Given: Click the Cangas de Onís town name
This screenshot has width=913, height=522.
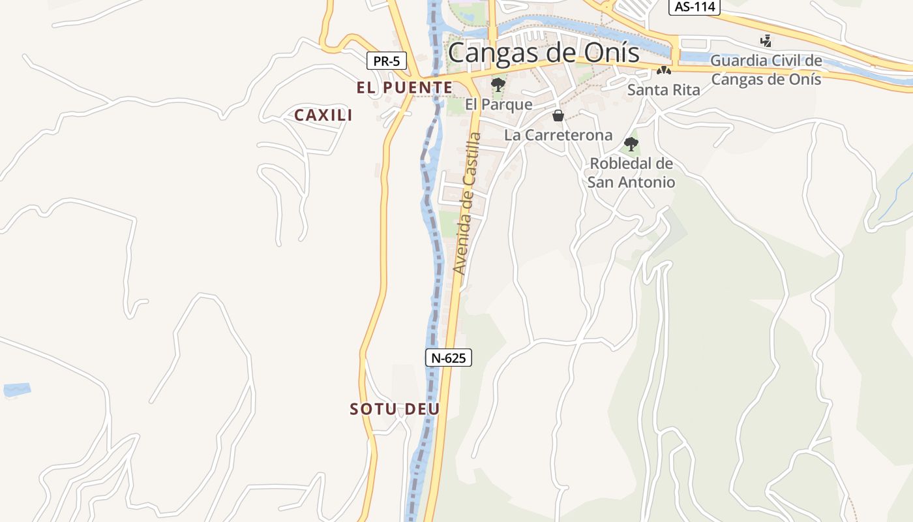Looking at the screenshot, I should point(544,52).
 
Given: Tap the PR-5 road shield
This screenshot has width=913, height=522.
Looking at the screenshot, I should point(386,61).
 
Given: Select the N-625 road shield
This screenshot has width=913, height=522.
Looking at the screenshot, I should point(449,358).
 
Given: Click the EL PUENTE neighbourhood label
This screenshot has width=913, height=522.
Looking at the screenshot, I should point(404,87).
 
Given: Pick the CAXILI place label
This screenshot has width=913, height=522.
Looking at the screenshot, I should point(323,115).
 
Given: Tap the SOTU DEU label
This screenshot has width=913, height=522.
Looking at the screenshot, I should point(395,409).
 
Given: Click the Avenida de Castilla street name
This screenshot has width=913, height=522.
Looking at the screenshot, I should point(468,204).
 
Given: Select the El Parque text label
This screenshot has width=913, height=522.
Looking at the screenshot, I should point(499,104).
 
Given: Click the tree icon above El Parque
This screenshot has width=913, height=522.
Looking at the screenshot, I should point(498,84).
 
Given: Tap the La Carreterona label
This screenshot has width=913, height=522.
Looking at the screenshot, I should point(558,135).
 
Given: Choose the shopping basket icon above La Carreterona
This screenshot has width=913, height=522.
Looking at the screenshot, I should point(558,116).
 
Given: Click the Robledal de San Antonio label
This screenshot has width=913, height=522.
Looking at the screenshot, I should point(631,172).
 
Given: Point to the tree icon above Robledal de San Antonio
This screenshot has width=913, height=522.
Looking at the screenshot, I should point(631,144).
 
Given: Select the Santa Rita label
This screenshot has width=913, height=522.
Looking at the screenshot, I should point(663,90).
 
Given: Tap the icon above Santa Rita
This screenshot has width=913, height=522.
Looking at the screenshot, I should point(664,70).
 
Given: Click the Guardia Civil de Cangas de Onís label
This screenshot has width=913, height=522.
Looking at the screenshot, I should point(766,70).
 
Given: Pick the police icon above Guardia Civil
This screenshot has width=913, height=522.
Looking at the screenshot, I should point(766,41).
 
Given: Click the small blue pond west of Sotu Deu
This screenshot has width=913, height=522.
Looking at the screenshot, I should point(16,390).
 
